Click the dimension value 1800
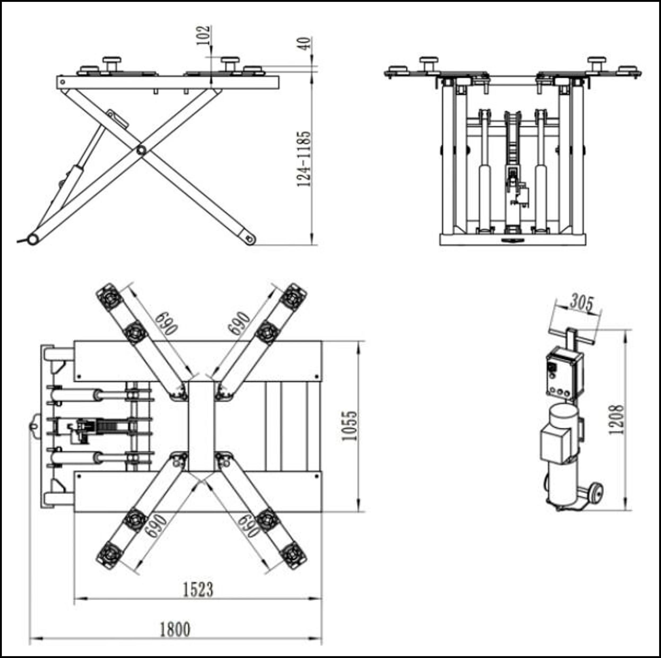coord(175,629)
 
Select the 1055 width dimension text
coord(349,426)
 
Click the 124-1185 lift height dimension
coord(304,159)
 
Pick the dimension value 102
coord(203,35)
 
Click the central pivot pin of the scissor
coord(141,150)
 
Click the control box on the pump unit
coord(564,375)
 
